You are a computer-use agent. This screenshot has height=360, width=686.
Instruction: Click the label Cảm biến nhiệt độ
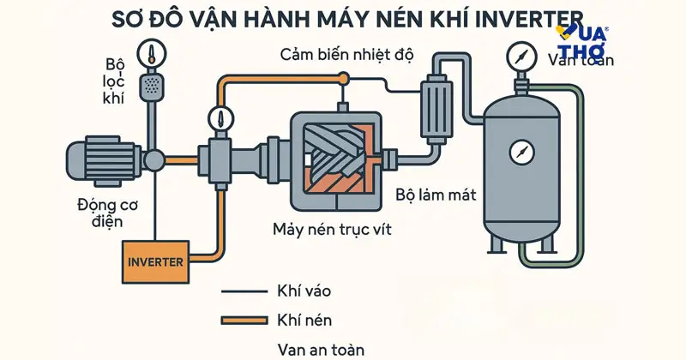pyautogui.click(x=346, y=56)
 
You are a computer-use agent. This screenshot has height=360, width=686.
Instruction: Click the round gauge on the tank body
pyautogui.click(x=521, y=153)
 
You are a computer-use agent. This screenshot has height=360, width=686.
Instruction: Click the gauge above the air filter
pyautogui.click(x=153, y=51)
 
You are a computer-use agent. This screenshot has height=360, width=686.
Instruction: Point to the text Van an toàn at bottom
pyautogui.click(x=322, y=349)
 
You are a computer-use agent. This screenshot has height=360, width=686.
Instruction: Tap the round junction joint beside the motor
pyautogui.click(x=154, y=160)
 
